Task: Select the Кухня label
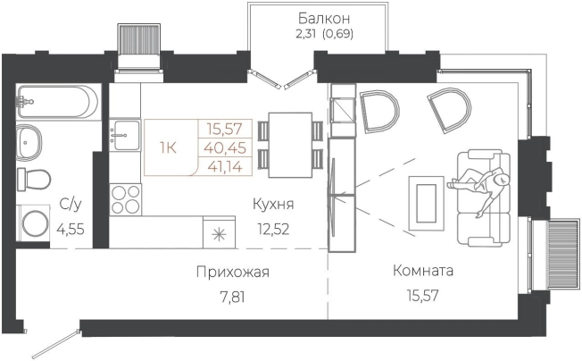tap(272, 205)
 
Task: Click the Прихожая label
tap(231, 272)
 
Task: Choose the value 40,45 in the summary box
tap(226, 147)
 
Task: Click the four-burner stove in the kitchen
tap(126, 197)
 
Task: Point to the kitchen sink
tap(125, 137)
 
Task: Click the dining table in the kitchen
tap(289, 145)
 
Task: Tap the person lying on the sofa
tap(479, 185)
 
